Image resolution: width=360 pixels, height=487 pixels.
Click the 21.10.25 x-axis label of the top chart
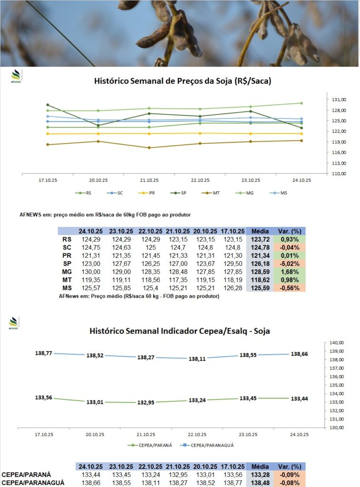[x=149, y=180]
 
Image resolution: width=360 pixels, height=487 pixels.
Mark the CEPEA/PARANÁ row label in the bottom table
[x=26, y=474]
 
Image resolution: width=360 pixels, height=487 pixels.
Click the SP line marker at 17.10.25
[x=48, y=105]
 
